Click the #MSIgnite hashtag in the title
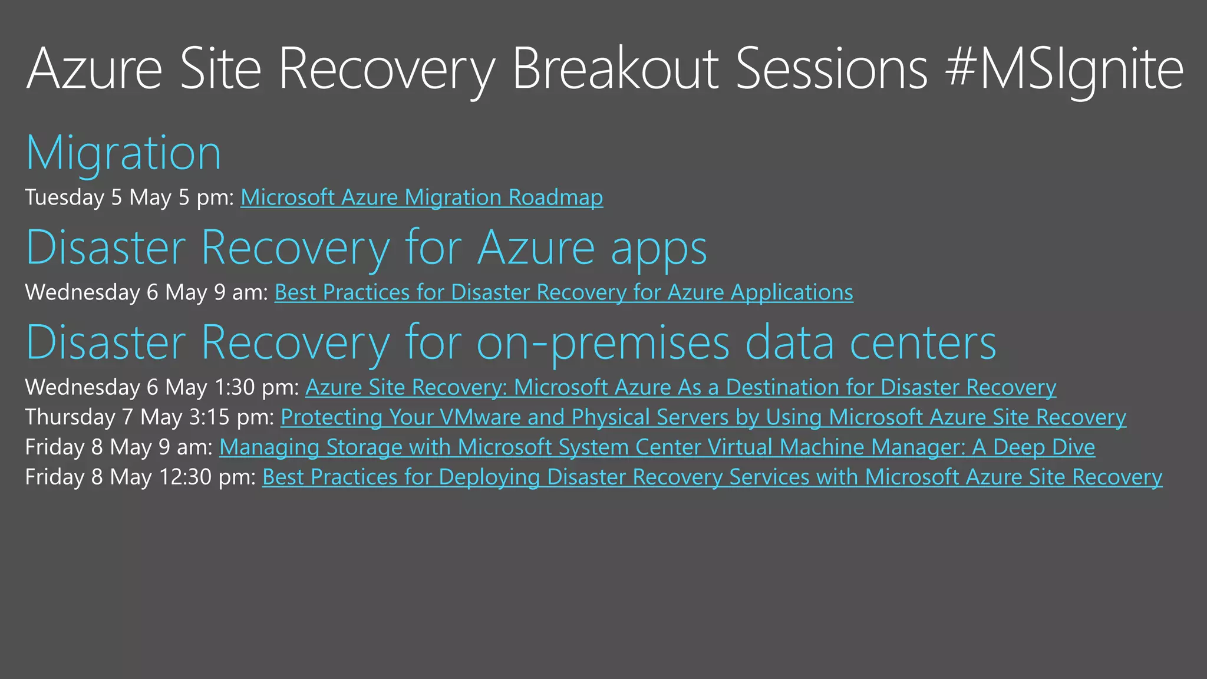coord(1064,70)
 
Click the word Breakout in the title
coord(615,70)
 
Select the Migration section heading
coord(124,153)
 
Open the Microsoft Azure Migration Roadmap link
coord(421,197)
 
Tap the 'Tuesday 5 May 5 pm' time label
coord(130,197)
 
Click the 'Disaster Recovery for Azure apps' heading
coord(366,248)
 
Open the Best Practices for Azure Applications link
coord(563,292)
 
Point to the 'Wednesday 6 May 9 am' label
coord(147,292)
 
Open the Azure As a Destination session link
coord(680,387)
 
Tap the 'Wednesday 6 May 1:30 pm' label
coord(162,387)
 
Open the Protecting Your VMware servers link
coord(703,417)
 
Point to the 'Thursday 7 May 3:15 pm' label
coord(149,417)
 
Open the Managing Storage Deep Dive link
coord(657,447)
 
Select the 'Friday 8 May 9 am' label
coord(118,447)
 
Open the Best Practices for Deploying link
coord(712,477)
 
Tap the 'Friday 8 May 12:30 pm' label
coord(140,477)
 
